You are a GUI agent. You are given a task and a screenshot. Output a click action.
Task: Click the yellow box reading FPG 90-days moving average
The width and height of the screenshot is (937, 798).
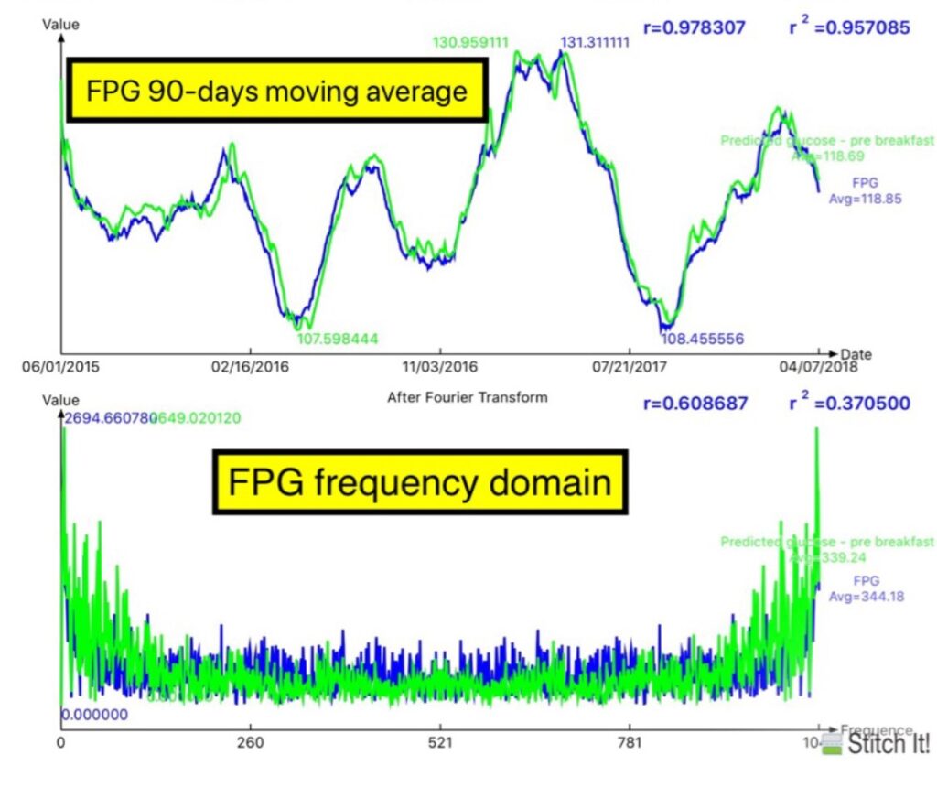[x=276, y=92]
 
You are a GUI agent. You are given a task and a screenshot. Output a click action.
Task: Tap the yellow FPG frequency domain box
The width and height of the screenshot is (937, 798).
[x=420, y=481]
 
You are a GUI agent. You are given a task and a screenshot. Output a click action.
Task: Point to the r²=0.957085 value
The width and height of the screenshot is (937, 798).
[x=849, y=27]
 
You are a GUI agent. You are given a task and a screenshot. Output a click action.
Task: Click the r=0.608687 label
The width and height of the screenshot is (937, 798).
[x=695, y=403]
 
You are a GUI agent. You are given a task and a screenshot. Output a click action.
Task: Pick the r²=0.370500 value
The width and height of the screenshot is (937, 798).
[x=849, y=403]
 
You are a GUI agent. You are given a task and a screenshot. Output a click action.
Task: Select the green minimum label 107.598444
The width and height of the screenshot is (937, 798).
[x=337, y=339]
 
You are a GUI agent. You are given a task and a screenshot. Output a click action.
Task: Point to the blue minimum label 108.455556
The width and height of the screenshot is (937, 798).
[x=702, y=339]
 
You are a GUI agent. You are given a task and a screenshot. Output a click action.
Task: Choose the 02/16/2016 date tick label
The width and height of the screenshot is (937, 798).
[x=250, y=368]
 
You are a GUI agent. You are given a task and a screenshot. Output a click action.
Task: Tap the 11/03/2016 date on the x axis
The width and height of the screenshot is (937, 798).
[x=440, y=368]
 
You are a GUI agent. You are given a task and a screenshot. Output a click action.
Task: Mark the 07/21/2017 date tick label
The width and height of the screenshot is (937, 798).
[x=630, y=368]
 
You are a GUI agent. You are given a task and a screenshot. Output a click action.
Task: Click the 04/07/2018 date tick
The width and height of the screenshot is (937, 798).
[x=820, y=368]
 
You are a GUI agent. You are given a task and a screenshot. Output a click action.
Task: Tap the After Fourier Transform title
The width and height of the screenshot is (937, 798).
[x=467, y=397]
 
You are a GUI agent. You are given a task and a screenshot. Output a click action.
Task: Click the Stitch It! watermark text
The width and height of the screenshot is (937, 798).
[x=888, y=744]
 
